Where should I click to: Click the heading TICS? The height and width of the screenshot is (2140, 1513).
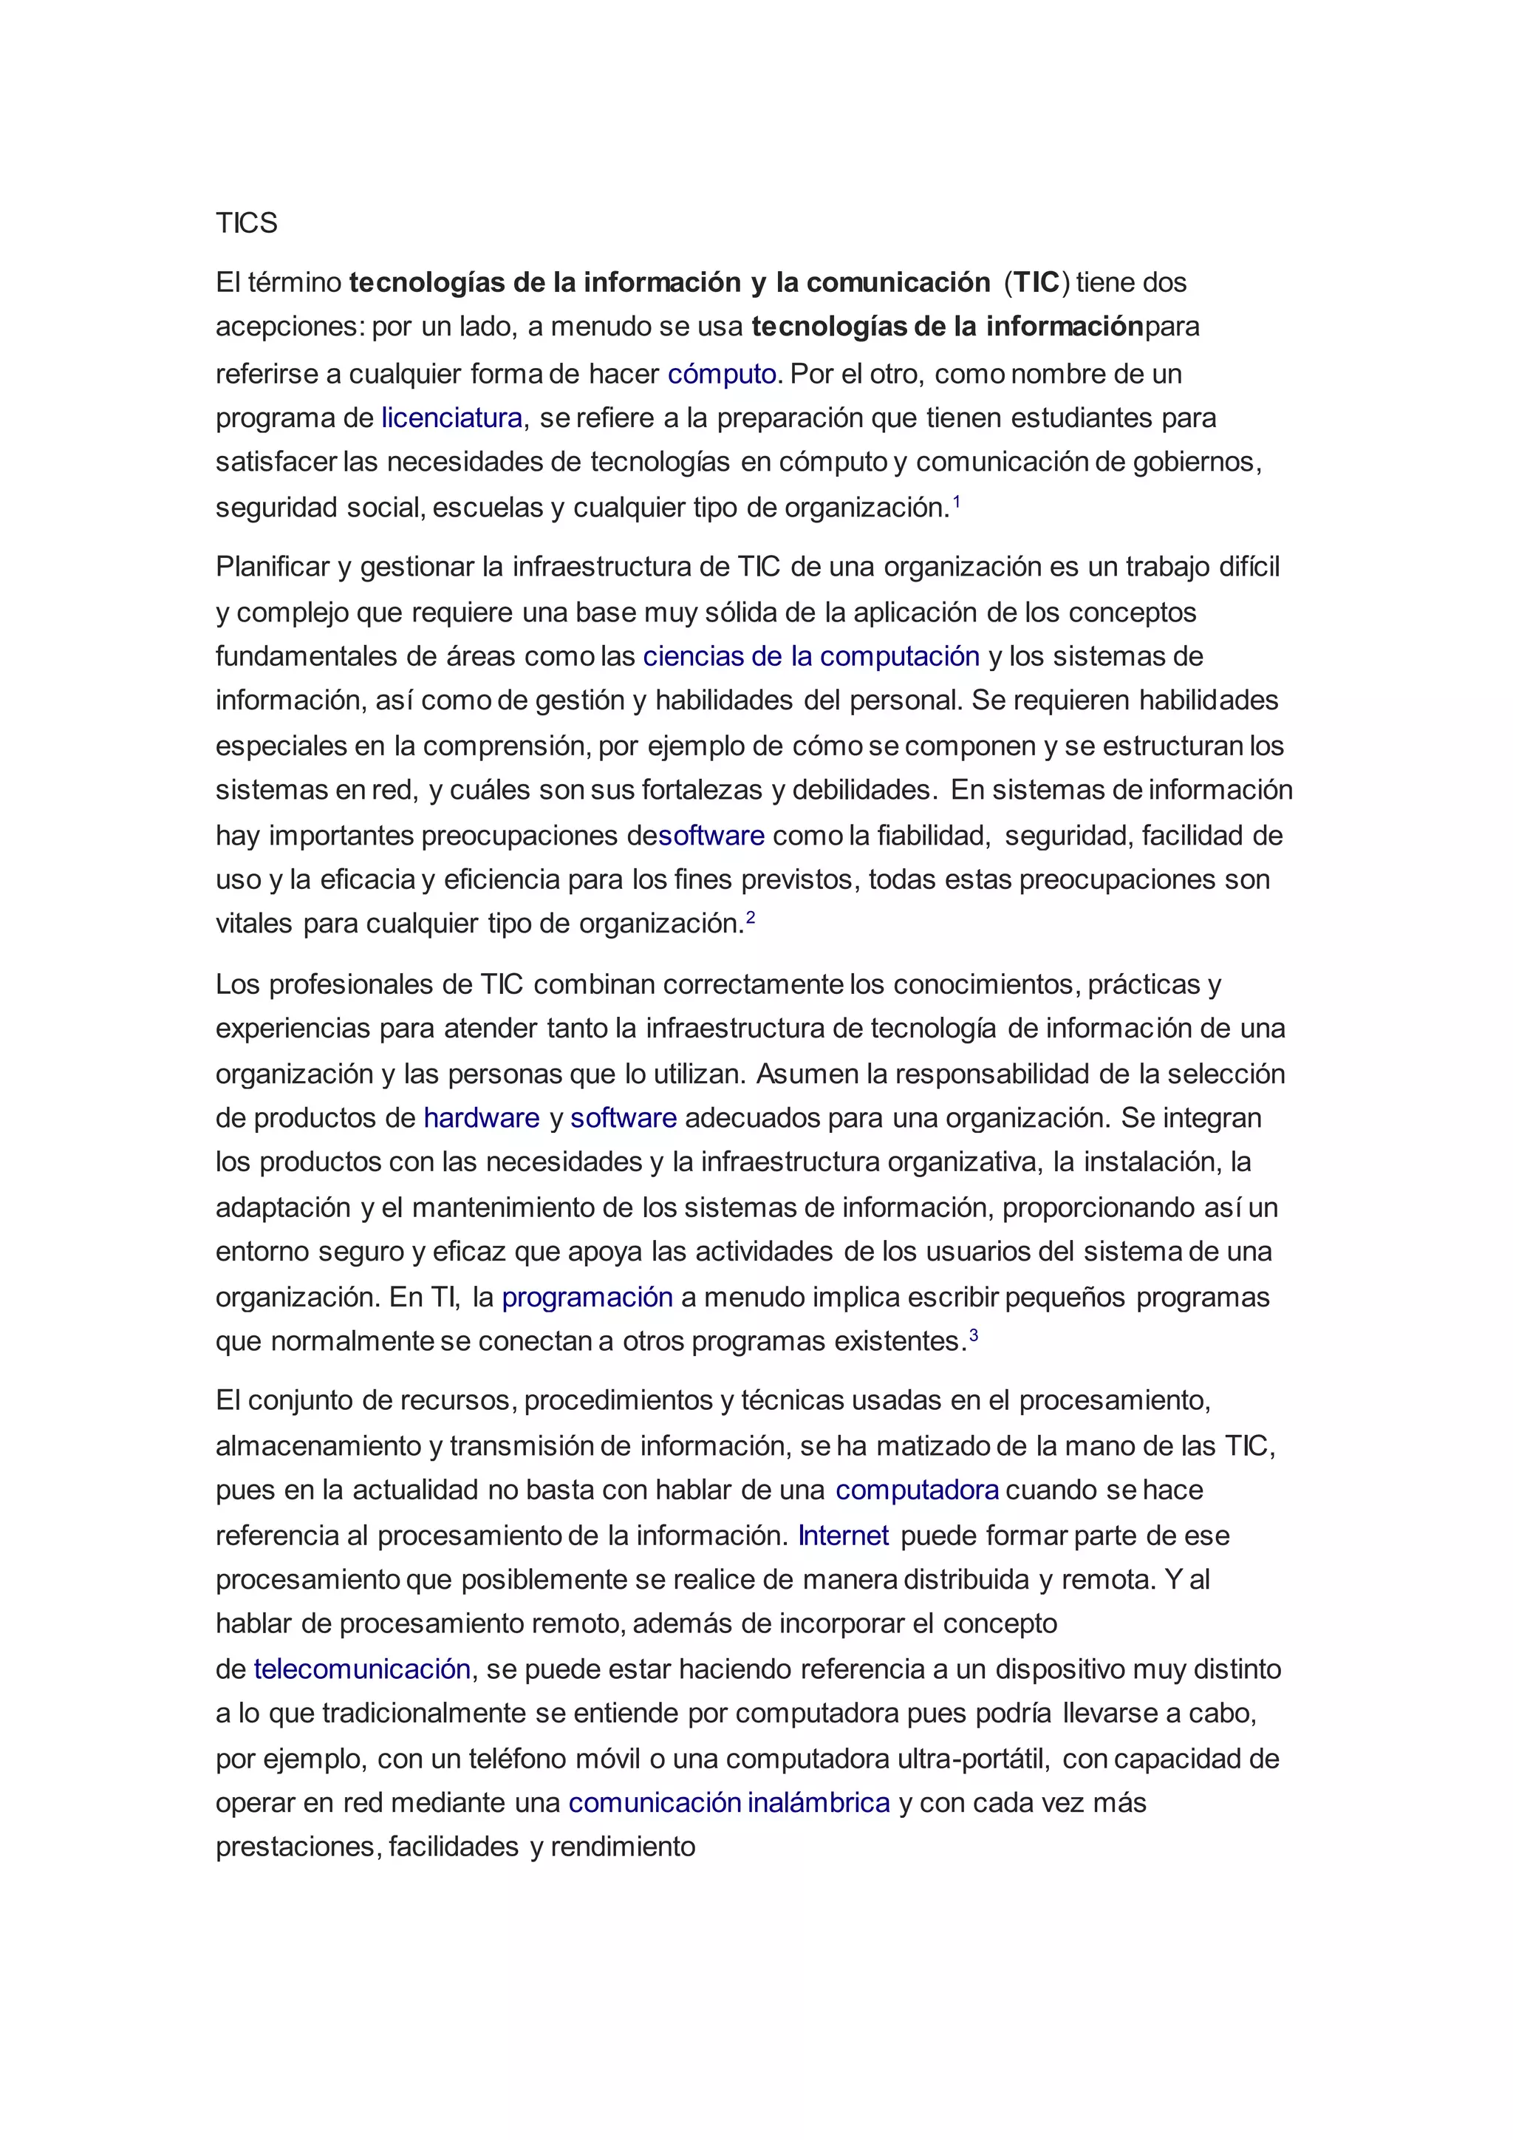tap(246, 224)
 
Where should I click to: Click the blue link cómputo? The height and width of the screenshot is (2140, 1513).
tap(721, 374)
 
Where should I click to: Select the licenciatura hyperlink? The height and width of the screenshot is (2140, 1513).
tap(452, 418)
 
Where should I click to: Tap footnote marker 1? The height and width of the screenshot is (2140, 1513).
tap(956, 502)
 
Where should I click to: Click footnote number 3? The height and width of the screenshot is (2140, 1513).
tap(974, 1335)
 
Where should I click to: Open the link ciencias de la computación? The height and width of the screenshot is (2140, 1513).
tap(810, 656)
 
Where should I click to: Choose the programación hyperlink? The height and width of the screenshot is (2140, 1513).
tap(587, 1297)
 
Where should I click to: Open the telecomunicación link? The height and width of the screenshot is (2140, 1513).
tap(361, 1669)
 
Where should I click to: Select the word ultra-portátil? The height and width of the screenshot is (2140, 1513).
tap(973, 1759)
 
